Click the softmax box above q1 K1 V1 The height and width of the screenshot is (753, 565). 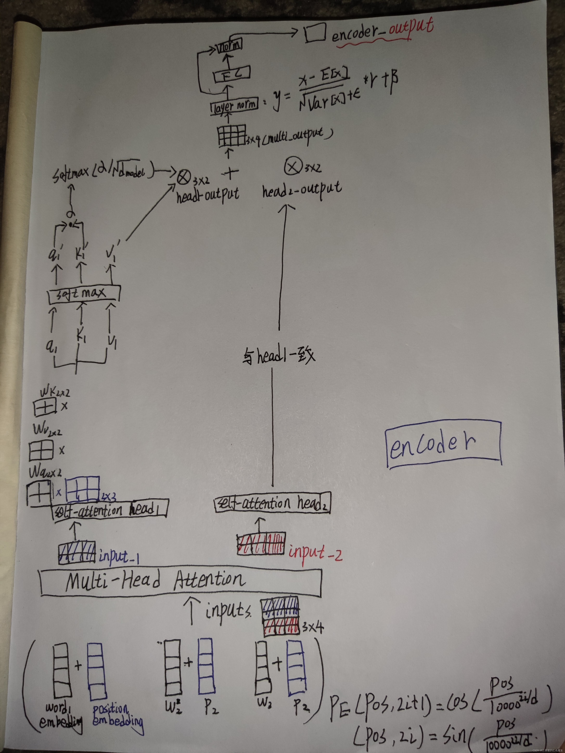tap(84, 293)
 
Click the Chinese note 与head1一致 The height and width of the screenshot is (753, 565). tap(279, 356)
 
